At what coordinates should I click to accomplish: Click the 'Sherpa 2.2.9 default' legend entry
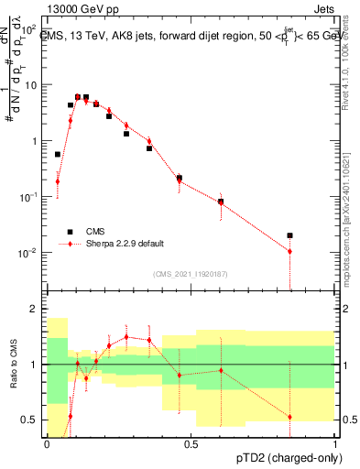click(x=118, y=244)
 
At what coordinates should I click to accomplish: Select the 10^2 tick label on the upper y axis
click(x=29, y=29)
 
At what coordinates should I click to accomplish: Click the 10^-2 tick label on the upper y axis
click(x=29, y=253)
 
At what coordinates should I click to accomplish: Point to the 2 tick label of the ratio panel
click(x=35, y=310)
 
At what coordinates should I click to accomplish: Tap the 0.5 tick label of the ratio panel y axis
click(x=30, y=420)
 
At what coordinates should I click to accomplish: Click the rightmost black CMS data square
click(x=289, y=235)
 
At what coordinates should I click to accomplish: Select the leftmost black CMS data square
click(x=58, y=155)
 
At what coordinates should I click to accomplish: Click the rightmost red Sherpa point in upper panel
click(x=289, y=251)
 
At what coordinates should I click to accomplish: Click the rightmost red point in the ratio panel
click(x=289, y=417)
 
